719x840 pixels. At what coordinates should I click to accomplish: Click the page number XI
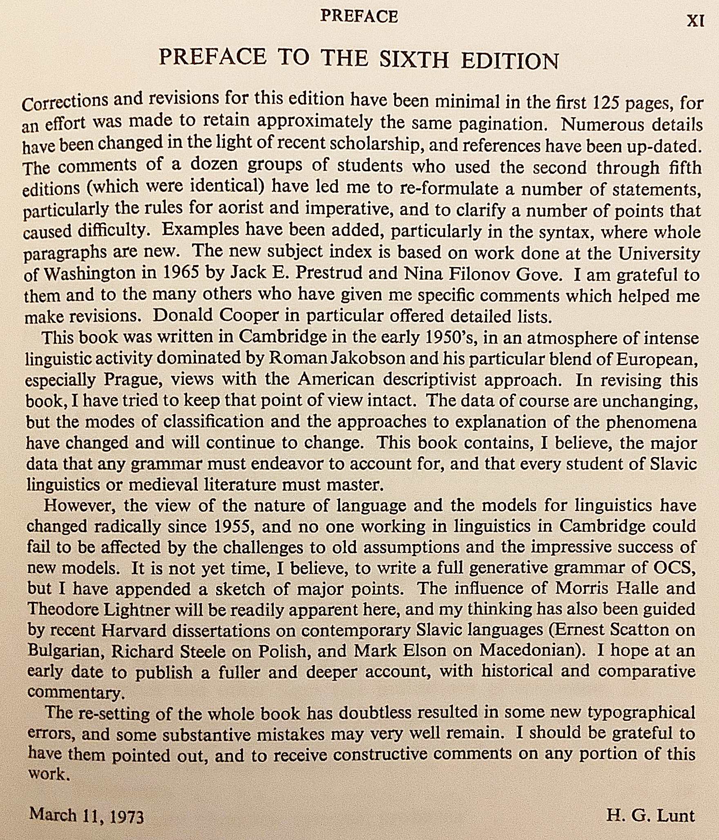click(x=695, y=21)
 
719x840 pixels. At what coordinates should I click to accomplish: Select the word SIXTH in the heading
click(x=414, y=60)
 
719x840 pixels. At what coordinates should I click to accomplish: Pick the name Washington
click(x=90, y=274)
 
